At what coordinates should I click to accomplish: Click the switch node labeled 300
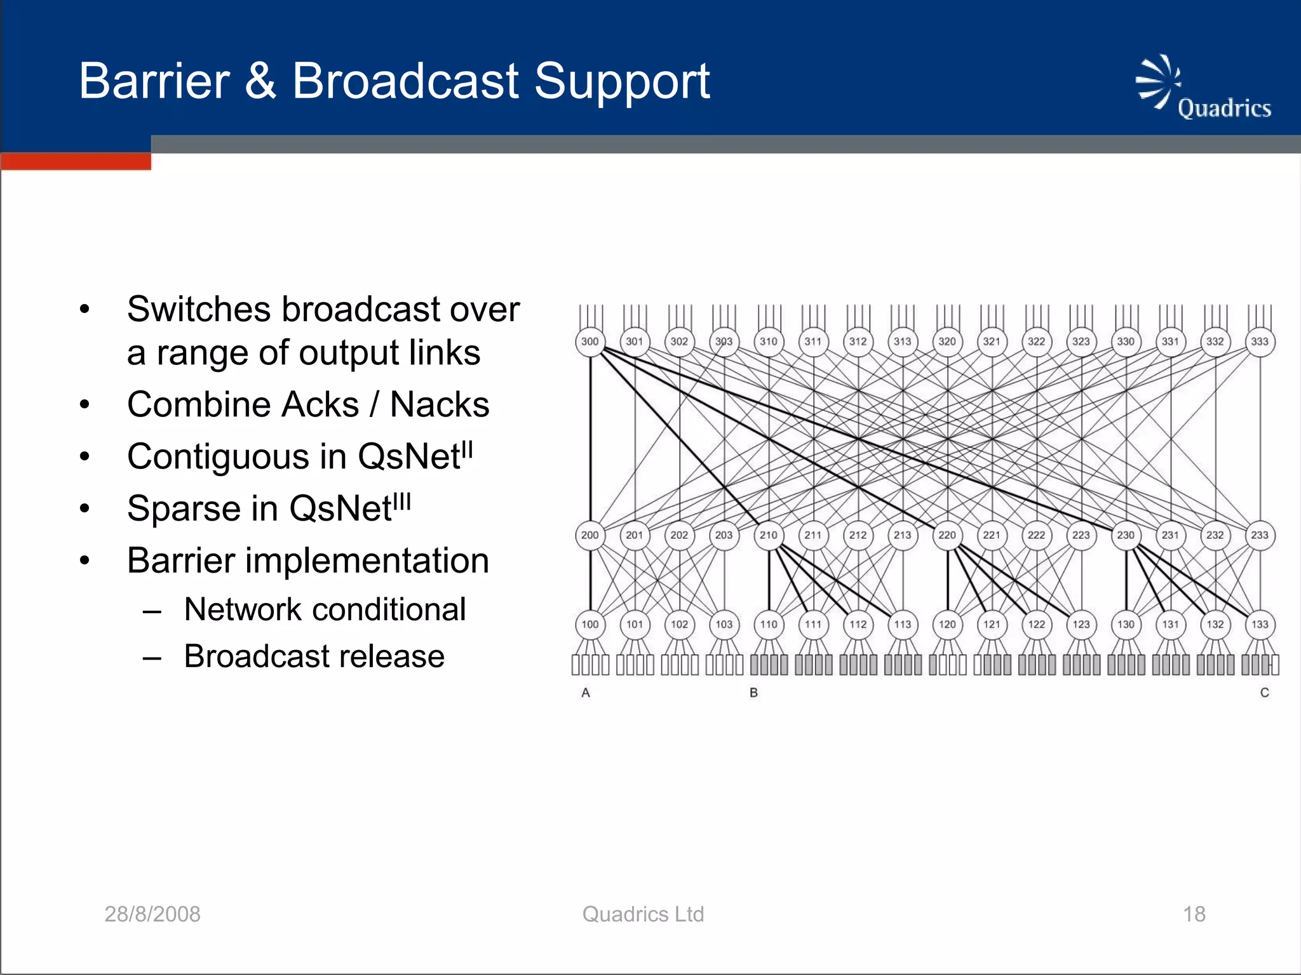coord(590,342)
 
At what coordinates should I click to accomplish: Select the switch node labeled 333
coord(1259,342)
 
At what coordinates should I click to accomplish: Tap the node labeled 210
coord(769,535)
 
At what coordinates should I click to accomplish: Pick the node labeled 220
coord(947,535)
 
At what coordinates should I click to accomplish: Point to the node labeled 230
coord(1126,535)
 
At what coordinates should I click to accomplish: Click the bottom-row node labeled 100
coord(590,625)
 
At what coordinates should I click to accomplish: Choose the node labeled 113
coord(903,625)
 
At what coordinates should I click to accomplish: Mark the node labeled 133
coord(1259,625)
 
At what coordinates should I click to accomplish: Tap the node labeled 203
coord(724,535)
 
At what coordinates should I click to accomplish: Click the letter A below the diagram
coord(586,693)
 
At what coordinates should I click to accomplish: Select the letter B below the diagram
coord(753,693)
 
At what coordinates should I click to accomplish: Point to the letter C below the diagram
coord(1264,693)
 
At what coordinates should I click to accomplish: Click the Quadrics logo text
coord(1223,109)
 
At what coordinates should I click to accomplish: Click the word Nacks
coord(439,404)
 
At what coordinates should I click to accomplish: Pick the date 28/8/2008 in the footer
coord(152,914)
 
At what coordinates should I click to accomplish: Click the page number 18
coord(1194,914)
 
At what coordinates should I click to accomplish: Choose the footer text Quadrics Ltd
coord(643,914)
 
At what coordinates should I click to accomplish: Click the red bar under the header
coord(76,161)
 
